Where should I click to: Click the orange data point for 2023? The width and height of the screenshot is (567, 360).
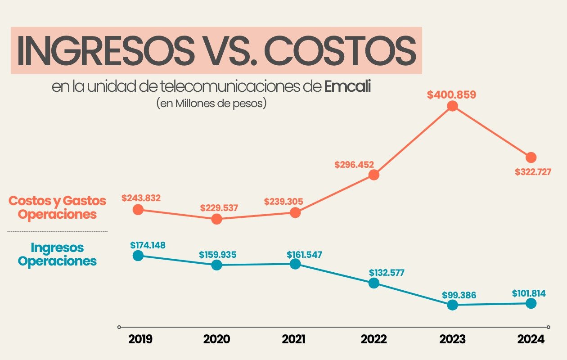coord(452,106)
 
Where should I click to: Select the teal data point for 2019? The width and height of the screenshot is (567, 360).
coord(138,256)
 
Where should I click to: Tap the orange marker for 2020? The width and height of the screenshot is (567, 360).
coord(216,219)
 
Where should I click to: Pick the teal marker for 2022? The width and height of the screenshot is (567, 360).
coord(373,283)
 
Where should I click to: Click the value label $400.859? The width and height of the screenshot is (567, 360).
coord(451,95)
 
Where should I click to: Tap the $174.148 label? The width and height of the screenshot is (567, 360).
coord(148,245)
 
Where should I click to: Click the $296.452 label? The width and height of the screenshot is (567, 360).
coord(354,165)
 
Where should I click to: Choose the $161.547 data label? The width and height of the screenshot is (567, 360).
coord(305,254)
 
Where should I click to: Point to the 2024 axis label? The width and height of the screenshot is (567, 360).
coord(531,339)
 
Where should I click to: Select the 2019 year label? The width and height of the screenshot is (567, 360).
coord(140,339)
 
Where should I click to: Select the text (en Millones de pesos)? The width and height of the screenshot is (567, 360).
coord(211,103)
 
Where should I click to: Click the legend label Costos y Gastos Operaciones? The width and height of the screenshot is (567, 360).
coord(58,207)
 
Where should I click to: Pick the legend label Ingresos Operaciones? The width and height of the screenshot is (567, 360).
coord(58,254)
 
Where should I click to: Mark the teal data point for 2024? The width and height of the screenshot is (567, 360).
coord(531,303)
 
